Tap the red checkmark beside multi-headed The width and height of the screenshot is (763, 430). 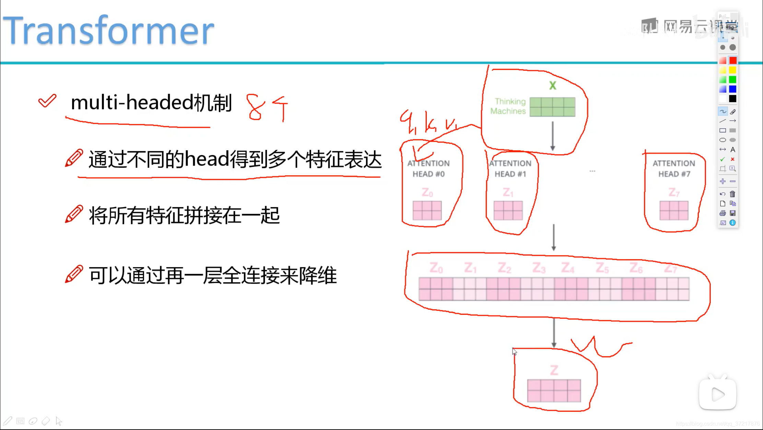(47, 101)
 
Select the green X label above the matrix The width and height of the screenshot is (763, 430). (552, 85)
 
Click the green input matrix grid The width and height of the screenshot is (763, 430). (552, 107)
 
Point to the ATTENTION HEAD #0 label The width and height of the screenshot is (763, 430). (429, 169)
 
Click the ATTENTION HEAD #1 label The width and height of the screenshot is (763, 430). (510, 169)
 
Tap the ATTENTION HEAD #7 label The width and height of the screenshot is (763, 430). (674, 169)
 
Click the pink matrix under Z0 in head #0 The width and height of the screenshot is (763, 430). (427, 210)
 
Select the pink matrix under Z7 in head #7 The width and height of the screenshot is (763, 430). (674, 210)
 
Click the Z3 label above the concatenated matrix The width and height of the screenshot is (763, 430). (539, 268)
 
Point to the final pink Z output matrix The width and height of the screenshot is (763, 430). (554, 391)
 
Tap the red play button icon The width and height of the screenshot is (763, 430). (718, 394)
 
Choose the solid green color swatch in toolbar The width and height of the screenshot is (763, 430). (733, 80)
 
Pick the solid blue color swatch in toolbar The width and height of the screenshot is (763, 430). (733, 89)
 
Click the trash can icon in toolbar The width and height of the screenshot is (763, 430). (732, 194)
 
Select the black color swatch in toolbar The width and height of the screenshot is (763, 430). (733, 99)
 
